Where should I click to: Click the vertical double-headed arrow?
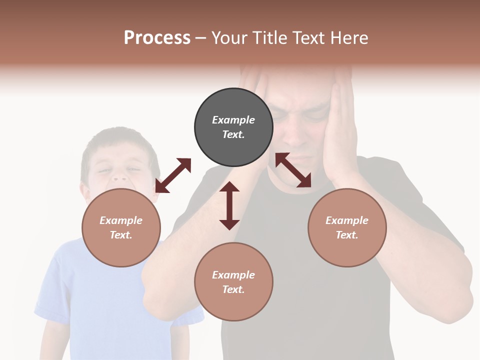pos(229,205)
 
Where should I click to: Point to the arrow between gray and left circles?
pos(173,175)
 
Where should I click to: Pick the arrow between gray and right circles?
pos(293,170)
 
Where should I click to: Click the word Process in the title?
pos(157,38)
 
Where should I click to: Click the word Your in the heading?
pos(229,38)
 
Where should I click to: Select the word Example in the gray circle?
pos(233,120)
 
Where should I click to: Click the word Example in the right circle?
pos(347,220)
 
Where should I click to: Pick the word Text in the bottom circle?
pos(233,289)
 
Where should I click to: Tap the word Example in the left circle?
pos(121,220)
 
